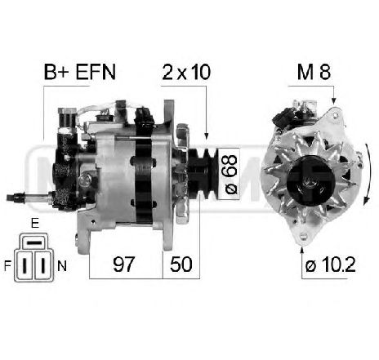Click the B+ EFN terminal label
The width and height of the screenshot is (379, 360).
click(x=80, y=72)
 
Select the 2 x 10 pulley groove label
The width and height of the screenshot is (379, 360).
click(x=186, y=72)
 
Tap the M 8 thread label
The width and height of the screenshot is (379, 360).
click(x=314, y=72)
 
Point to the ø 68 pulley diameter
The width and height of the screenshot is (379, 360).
click(x=230, y=175)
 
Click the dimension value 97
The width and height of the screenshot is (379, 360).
click(x=124, y=264)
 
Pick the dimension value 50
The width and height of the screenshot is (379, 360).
click(x=181, y=264)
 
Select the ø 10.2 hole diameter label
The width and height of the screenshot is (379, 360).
click(x=330, y=264)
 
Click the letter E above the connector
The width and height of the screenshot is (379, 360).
click(x=35, y=223)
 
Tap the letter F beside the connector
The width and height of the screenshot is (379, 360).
click(x=7, y=266)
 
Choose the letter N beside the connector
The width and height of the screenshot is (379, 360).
click(x=62, y=266)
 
